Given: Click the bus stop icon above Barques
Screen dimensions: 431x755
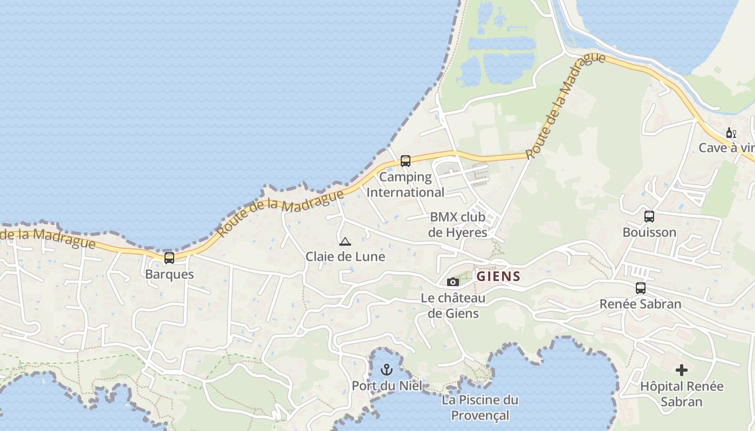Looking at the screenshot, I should click(x=169, y=258).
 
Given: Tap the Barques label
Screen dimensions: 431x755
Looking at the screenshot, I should click(x=169, y=274).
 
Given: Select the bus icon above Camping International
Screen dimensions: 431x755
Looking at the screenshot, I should click(x=406, y=161).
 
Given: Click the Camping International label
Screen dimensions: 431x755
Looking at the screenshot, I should click(x=406, y=185).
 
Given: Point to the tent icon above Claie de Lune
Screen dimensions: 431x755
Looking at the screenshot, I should click(x=345, y=241).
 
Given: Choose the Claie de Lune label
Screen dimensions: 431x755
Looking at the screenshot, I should click(x=345, y=257).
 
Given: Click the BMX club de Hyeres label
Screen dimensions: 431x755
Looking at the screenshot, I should click(x=458, y=225).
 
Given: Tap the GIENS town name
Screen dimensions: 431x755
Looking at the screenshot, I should click(x=498, y=277).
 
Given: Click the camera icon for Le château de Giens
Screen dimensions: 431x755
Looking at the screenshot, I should click(x=453, y=282).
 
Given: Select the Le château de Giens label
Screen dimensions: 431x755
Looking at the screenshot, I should click(x=453, y=305).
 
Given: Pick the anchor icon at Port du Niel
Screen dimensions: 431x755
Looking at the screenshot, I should click(x=387, y=370).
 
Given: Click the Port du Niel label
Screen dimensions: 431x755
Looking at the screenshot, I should click(x=387, y=386).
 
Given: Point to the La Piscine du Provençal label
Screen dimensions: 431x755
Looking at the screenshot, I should click(x=480, y=408).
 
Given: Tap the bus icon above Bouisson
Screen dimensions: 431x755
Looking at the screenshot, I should click(x=649, y=217).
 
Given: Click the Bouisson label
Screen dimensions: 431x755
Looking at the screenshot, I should click(x=649, y=233).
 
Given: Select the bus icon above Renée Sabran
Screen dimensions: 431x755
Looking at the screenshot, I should click(x=641, y=288).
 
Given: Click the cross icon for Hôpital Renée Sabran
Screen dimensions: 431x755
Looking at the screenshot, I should click(x=682, y=370).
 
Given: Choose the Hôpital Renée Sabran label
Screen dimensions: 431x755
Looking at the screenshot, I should click(x=682, y=394).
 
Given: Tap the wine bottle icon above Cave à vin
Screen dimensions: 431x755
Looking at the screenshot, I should click(x=731, y=133).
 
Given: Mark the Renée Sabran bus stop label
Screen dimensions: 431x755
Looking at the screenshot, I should click(x=641, y=304).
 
